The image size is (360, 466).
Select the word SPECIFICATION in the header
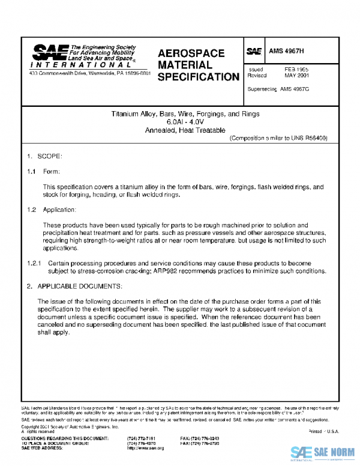click(x=198, y=77)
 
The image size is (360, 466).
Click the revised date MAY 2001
click(x=296, y=76)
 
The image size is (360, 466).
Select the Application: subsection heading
click(x=59, y=210)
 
